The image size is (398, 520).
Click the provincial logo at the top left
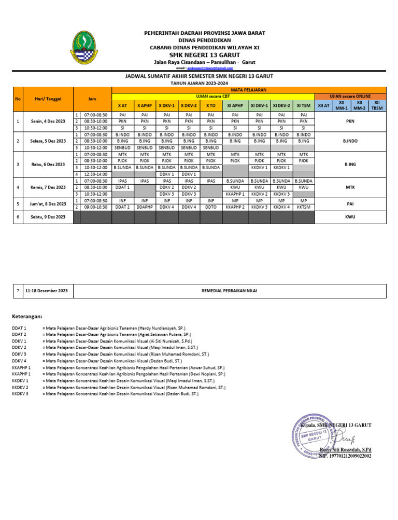[83, 47]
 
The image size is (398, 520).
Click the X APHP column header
[145, 105]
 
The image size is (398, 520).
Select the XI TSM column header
[304, 105]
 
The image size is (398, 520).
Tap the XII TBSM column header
[377, 105]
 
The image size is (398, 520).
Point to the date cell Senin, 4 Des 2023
[48, 121]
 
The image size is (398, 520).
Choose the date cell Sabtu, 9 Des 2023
[48, 217]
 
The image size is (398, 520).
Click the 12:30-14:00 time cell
[95, 174]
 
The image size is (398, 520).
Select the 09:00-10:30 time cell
[95, 207]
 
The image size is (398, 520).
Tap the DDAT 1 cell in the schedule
[123, 187]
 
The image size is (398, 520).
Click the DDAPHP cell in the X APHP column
[145, 207]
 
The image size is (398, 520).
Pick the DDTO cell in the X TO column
[210, 207]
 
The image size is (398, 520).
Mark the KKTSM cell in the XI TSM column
[304, 207]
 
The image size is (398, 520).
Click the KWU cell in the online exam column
[350, 217]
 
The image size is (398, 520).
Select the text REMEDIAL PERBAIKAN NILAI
[229, 291]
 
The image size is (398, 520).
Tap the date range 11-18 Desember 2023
[48, 291]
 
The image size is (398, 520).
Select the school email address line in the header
[200, 68]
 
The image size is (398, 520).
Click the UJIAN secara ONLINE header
[350, 96]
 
